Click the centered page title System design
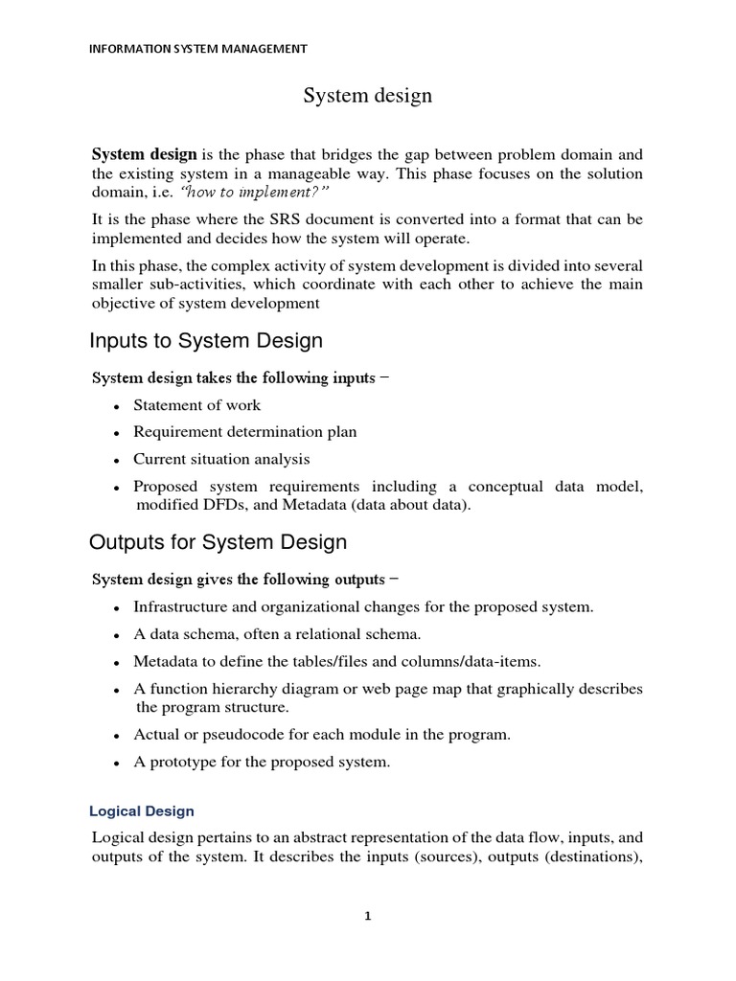coord(368,96)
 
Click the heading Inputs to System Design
coord(206,341)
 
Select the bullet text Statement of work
coord(196,405)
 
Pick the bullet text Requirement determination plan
coord(244,432)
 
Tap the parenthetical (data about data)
coord(413,505)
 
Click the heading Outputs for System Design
coord(218,542)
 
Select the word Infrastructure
coord(179,607)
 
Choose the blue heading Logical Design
coord(142,810)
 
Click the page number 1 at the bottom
coord(368,916)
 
